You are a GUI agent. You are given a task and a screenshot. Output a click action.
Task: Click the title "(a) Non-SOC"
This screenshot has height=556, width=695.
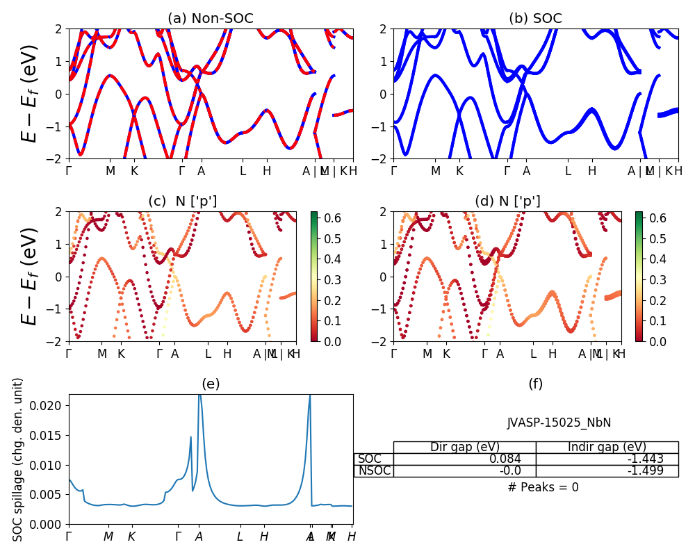(x=211, y=18)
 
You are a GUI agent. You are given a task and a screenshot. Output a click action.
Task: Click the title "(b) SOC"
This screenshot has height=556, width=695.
(x=535, y=18)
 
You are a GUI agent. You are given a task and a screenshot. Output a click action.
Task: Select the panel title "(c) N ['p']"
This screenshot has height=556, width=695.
(x=182, y=201)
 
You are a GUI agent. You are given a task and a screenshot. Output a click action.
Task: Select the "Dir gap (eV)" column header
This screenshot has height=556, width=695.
(x=465, y=448)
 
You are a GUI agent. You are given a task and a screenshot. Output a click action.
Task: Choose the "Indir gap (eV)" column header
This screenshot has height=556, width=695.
(x=607, y=448)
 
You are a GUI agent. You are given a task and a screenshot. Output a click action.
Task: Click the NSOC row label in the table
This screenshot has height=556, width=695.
(x=374, y=471)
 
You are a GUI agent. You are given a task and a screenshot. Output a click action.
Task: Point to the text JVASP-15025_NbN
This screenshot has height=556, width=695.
(x=559, y=423)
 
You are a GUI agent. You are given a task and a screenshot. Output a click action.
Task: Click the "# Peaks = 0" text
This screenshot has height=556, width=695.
(x=543, y=487)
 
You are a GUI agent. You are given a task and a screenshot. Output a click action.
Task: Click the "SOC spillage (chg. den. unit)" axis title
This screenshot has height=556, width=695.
(x=19, y=459)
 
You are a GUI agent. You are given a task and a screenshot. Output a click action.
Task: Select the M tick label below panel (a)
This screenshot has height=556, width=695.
(x=110, y=171)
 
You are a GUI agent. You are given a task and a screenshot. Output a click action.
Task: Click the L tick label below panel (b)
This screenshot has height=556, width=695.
(x=568, y=171)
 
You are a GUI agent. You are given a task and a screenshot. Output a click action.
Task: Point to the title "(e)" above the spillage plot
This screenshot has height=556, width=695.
(x=211, y=384)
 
